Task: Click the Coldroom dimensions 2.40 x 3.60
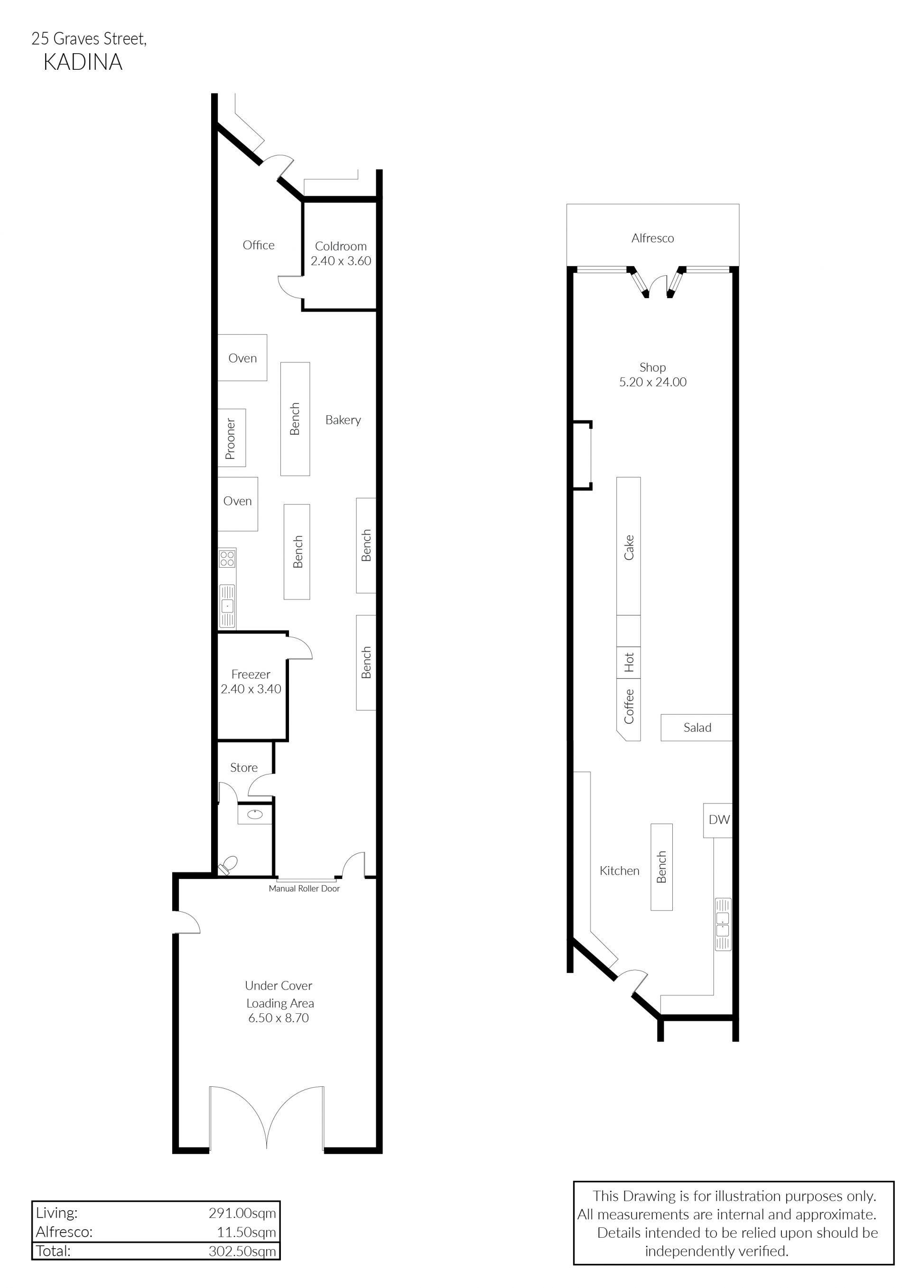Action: click(341, 261)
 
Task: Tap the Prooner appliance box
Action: click(232, 438)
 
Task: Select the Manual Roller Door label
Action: click(304, 888)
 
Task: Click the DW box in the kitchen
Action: click(718, 820)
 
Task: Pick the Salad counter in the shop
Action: click(697, 728)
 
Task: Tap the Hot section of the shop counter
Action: click(629, 663)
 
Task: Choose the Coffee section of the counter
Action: click(629, 709)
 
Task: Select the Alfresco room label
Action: click(652, 238)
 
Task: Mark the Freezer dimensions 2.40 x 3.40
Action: click(251, 689)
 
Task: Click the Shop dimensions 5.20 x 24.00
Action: click(652, 382)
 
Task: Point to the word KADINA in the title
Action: click(83, 62)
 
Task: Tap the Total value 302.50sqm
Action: click(242, 1251)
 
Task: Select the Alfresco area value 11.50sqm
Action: click(246, 1232)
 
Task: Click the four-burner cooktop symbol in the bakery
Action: click(227, 558)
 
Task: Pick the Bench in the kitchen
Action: click(661, 867)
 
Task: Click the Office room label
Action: click(259, 245)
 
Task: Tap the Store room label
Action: click(244, 767)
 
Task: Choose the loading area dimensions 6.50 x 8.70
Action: click(279, 1018)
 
